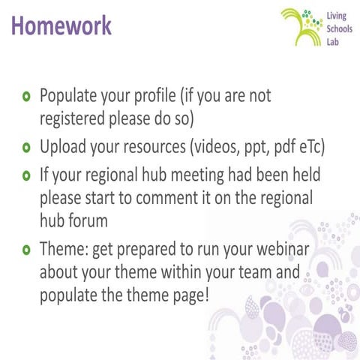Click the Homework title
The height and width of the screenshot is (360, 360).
tap(61, 25)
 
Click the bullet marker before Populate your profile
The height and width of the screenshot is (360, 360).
tap(27, 97)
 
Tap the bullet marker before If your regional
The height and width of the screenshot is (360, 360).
tap(27, 175)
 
